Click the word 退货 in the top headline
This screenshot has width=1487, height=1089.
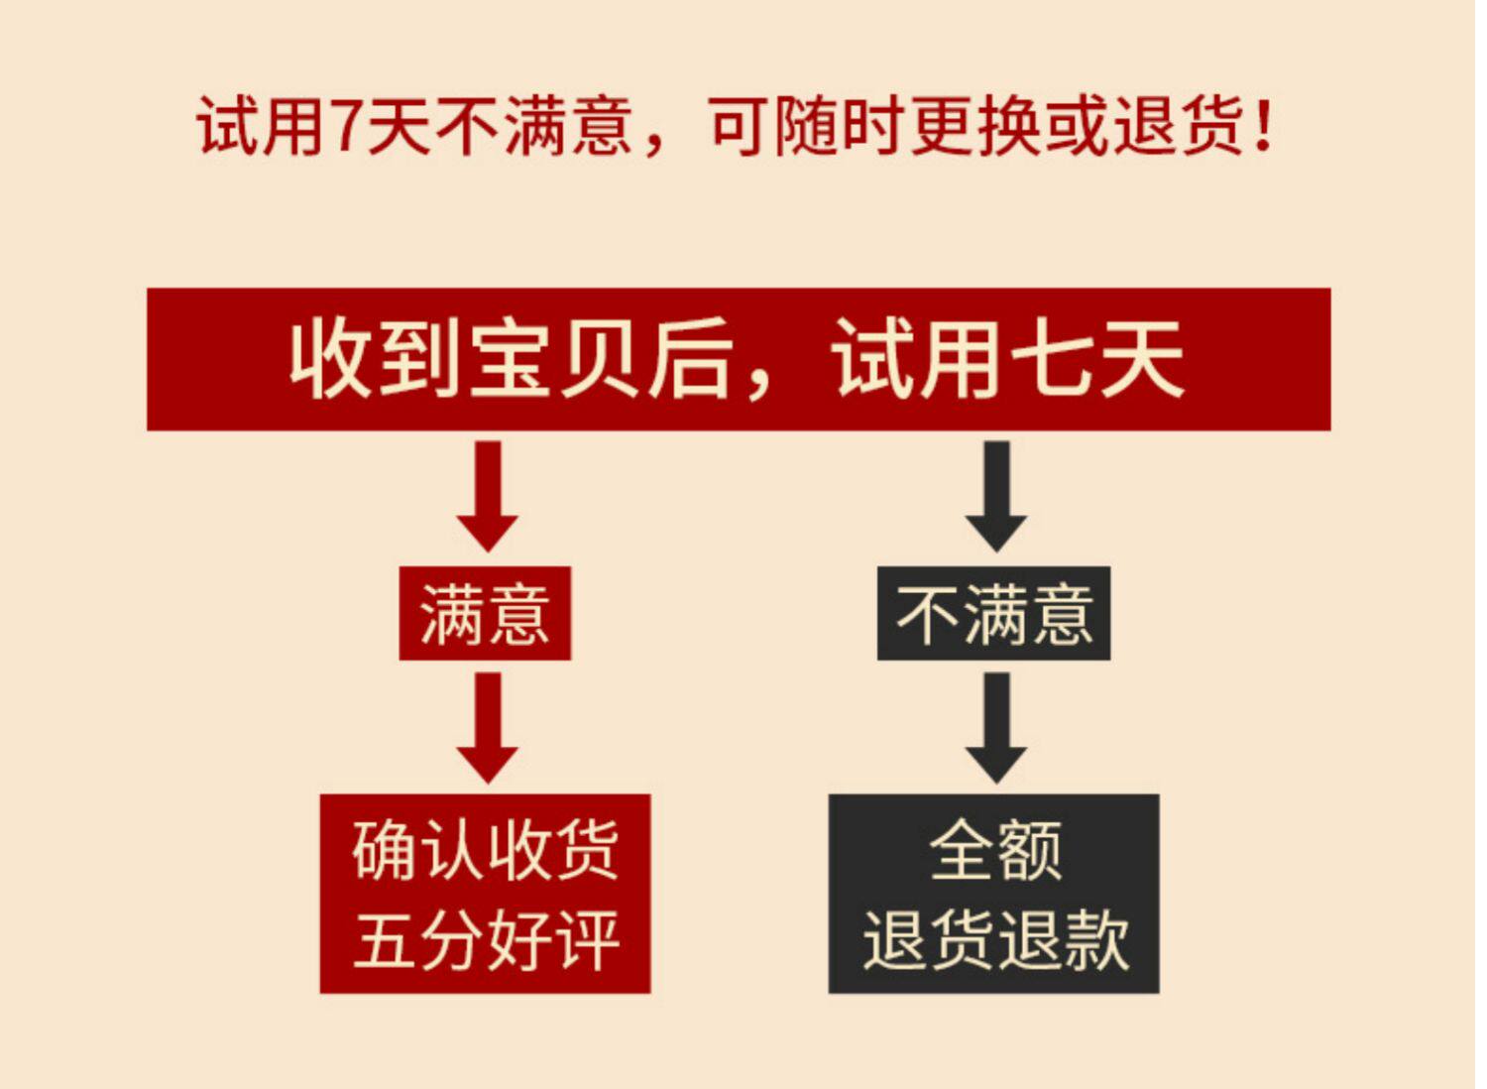tap(1180, 128)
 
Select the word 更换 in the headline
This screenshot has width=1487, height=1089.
tap(976, 128)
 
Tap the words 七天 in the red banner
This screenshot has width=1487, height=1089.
tap(1096, 359)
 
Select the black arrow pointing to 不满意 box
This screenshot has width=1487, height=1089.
tap(995, 496)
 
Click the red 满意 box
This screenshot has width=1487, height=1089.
tap(485, 614)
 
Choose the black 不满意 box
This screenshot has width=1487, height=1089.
tap(993, 614)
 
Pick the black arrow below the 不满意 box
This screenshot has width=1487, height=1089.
tap(995, 727)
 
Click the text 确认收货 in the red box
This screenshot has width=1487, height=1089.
tap(486, 850)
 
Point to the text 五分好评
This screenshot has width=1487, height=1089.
tap(486, 939)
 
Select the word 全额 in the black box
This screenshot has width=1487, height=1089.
tap(995, 850)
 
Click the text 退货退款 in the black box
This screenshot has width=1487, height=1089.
tap(995, 939)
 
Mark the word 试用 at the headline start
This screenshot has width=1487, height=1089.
tap(260, 128)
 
